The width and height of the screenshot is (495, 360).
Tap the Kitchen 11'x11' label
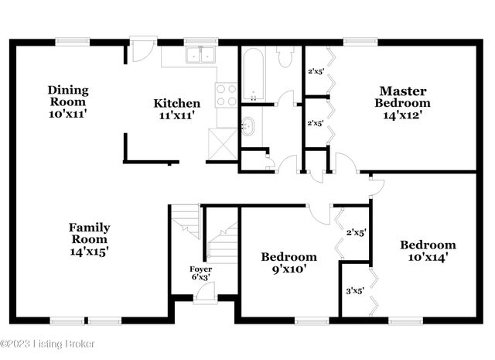pyautogui.click(x=176, y=109)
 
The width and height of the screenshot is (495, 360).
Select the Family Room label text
pyautogui.click(x=89, y=239)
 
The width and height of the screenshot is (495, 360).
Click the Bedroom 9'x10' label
pyautogui.click(x=288, y=263)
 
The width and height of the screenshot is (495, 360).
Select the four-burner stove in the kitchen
pyautogui.click(x=226, y=94)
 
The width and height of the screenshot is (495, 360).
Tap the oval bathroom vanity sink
pyautogui.click(x=247, y=125)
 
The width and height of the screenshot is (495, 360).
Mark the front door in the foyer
pyautogui.click(x=206, y=292)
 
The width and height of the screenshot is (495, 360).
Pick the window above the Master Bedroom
pyautogui.click(x=355, y=42)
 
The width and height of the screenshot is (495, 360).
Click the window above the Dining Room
pyautogui.click(x=70, y=42)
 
